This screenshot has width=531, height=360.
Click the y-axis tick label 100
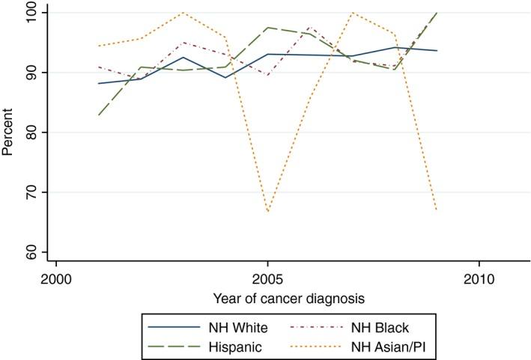click(34, 13)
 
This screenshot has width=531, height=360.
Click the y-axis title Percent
click(8, 132)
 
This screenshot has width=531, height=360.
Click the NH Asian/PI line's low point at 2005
click(267, 212)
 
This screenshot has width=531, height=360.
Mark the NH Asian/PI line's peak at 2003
click(182, 13)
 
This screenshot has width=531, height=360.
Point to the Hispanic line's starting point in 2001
click(97, 115)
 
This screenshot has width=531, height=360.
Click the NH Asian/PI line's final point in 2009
click(437, 210)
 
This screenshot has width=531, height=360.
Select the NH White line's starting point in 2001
click(97, 83)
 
